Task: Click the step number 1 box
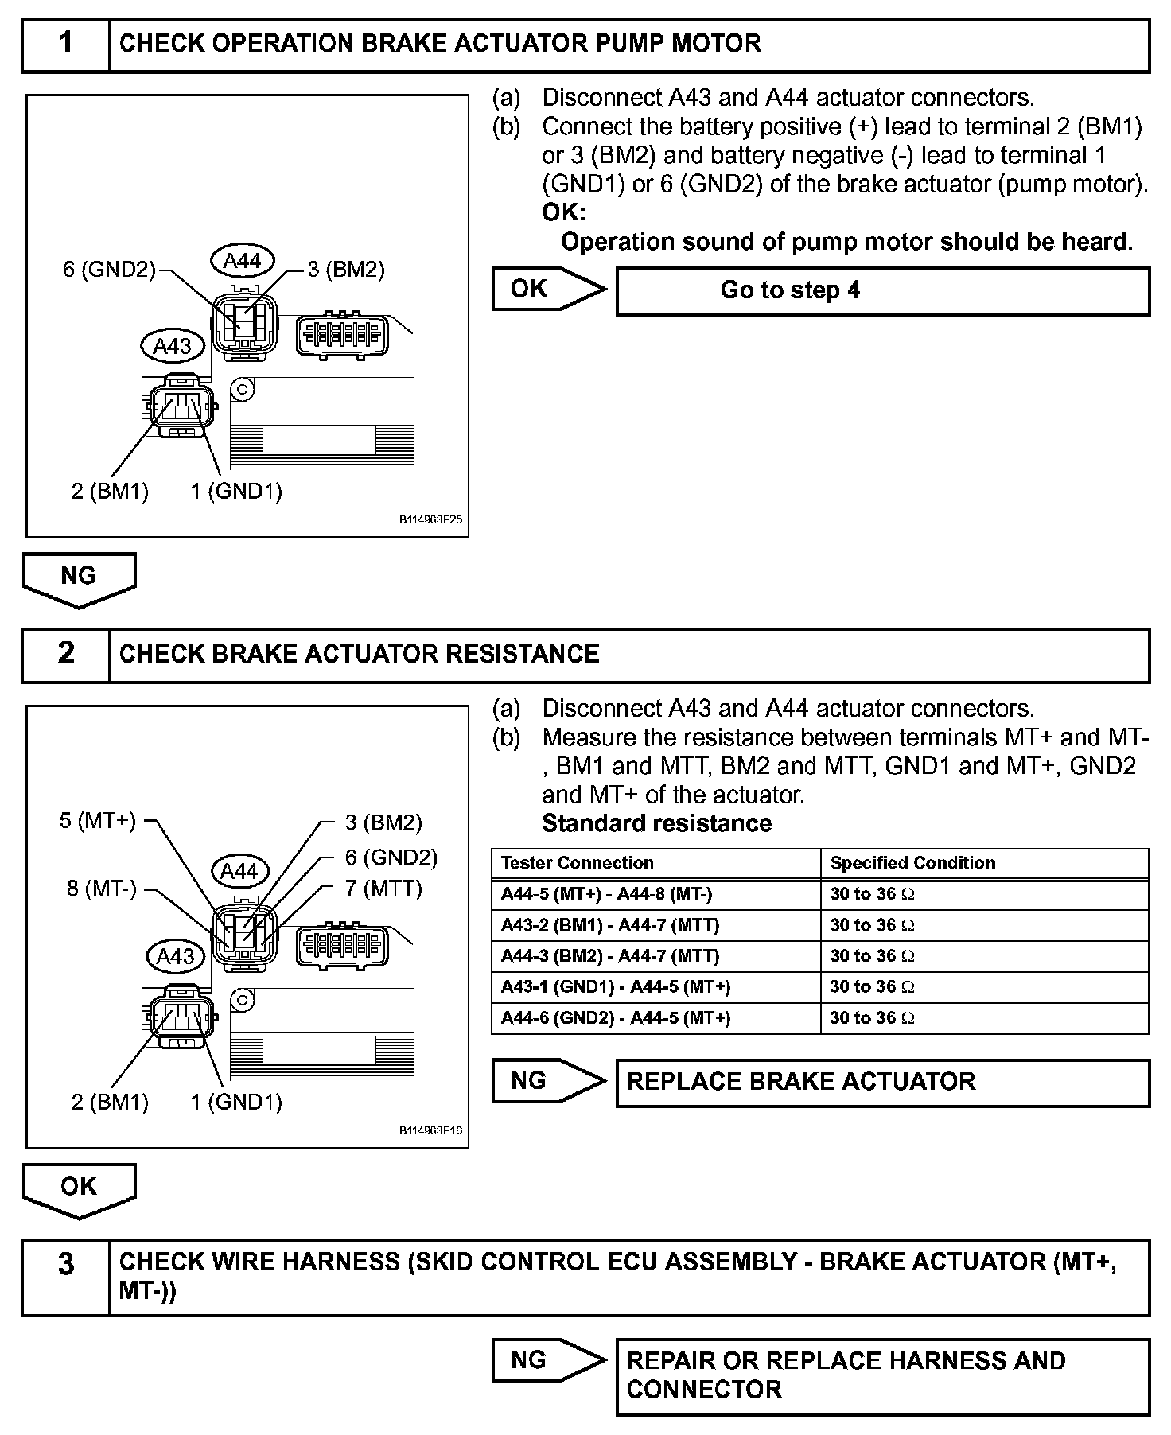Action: (66, 43)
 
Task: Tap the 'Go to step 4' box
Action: (882, 291)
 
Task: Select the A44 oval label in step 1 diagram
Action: (242, 261)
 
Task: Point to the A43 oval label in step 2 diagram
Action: (175, 955)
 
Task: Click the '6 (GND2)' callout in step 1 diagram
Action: (110, 270)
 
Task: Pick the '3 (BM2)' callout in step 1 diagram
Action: (346, 270)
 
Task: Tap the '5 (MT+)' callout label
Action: (98, 821)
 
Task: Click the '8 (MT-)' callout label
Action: (102, 888)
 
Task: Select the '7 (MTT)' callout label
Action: (383, 888)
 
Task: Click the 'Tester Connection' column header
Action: (578, 863)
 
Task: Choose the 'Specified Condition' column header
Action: (912, 863)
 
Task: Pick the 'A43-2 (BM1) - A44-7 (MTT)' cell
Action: (610, 925)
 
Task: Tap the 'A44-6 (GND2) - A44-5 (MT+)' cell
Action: (616, 1018)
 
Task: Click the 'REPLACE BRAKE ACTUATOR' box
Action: (882, 1082)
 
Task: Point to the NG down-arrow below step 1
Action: (79, 578)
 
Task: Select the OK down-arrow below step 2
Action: (79, 1189)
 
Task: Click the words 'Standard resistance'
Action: (656, 823)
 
